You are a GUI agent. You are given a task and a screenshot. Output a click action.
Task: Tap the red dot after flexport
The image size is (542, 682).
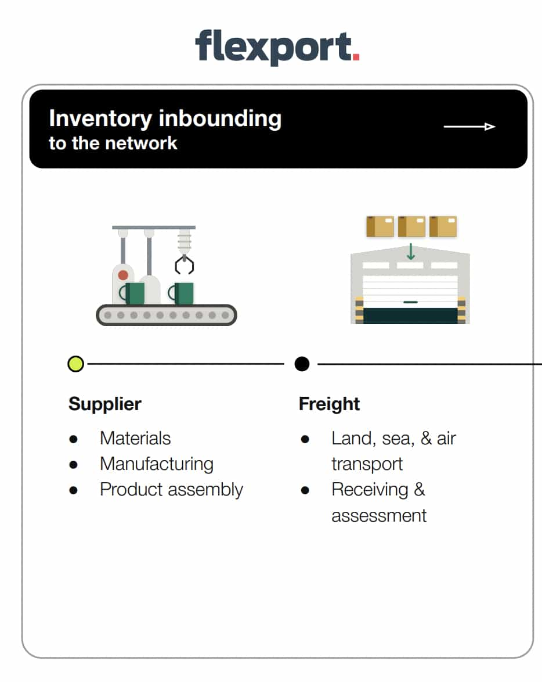[x=356, y=57]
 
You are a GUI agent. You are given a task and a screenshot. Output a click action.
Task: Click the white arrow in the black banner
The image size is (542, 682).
[x=469, y=127]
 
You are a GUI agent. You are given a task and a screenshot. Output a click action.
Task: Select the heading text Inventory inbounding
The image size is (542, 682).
[x=165, y=119]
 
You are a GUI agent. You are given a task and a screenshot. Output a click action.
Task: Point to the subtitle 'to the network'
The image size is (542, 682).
[x=113, y=143]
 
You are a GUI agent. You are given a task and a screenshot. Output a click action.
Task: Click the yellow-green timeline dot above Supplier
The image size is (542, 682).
[x=75, y=364]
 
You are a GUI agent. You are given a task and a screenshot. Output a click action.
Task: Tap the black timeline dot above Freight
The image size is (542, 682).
[x=302, y=364]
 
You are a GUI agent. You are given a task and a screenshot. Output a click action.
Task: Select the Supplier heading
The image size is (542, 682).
[x=105, y=404]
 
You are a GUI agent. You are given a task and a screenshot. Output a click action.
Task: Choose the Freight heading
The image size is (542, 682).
[x=329, y=404]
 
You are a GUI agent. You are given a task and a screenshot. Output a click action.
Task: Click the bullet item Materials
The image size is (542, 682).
[x=135, y=438]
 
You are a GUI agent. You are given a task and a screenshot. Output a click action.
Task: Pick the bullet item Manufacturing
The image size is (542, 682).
[x=156, y=464]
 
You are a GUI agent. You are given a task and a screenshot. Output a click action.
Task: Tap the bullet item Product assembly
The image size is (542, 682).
[x=171, y=489]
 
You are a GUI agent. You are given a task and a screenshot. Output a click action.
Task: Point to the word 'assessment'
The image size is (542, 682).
[x=379, y=515]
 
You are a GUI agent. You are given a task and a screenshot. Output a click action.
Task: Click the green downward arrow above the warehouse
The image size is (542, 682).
[x=411, y=252]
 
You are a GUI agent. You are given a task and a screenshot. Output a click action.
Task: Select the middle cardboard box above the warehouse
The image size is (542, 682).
[x=411, y=227]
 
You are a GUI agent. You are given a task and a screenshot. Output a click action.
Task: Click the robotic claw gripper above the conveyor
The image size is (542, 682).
[x=184, y=264]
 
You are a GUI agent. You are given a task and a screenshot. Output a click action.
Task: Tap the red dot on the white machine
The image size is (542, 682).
[x=123, y=275]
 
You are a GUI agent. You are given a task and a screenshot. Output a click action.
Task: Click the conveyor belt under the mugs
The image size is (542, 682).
[x=166, y=315]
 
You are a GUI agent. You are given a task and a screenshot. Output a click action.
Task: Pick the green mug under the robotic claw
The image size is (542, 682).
[x=182, y=293]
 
